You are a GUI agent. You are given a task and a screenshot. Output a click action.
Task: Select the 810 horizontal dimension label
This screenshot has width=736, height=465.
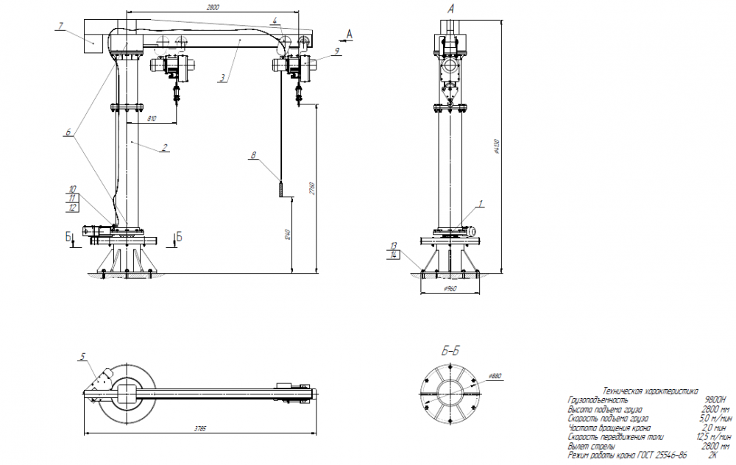(152, 117)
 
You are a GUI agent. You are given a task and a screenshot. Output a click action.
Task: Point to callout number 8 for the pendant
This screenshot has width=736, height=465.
(253, 155)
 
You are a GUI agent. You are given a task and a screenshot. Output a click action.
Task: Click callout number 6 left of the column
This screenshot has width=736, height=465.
(68, 132)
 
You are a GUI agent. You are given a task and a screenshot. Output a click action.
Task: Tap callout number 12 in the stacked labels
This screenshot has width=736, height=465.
(72, 209)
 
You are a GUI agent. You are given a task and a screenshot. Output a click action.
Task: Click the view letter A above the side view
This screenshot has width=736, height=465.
(450, 9)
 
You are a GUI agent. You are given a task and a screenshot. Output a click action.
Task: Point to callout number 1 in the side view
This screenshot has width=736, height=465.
(481, 202)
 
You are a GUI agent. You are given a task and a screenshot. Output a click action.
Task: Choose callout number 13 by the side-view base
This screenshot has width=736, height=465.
(394, 244)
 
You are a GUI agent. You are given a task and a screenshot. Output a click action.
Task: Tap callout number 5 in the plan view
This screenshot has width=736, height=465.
(83, 356)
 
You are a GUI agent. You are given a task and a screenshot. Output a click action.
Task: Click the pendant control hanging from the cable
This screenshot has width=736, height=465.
(281, 188)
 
